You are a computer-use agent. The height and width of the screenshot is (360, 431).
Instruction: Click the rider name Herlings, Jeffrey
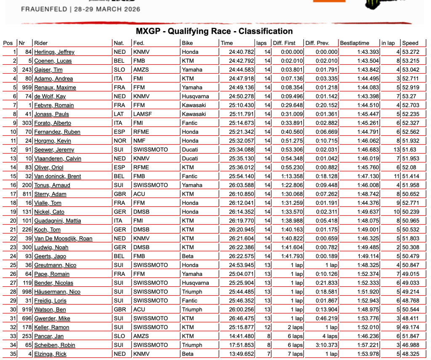pyautogui.click(x=54, y=52)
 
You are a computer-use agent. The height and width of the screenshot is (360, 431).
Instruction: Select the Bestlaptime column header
pyautogui.click(x=354, y=43)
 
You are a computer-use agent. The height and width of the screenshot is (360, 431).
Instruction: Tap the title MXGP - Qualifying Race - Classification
pyautogui.click(x=214, y=31)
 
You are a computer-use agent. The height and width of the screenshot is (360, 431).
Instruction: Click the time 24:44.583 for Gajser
pyautogui.click(x=237, y=70)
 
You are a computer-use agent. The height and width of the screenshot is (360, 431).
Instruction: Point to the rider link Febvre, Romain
pyautogui.click(x=54, y=105)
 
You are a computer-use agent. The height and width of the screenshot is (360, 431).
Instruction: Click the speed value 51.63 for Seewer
pyautogui.click(x=409, y=150)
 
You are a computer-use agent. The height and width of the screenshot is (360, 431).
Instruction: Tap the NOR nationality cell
pyautogui.click(x=120, y=141)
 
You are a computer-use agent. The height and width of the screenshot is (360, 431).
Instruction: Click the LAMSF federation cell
pyautogui.click(x=143, y=114)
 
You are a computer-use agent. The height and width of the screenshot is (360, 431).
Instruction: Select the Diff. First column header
pyautogui.click(x=284, y=43)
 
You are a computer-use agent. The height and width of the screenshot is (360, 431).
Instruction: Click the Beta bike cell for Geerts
pyautogui.click(x=188, y=256)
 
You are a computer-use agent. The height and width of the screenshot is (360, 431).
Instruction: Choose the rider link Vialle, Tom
pyautogui.click(x=48, y=203)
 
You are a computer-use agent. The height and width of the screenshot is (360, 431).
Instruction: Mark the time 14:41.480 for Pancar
pyautogui.click(x=237, y=336)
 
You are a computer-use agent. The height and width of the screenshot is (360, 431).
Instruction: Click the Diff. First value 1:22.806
pyautogui.click(x=290, y=185)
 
